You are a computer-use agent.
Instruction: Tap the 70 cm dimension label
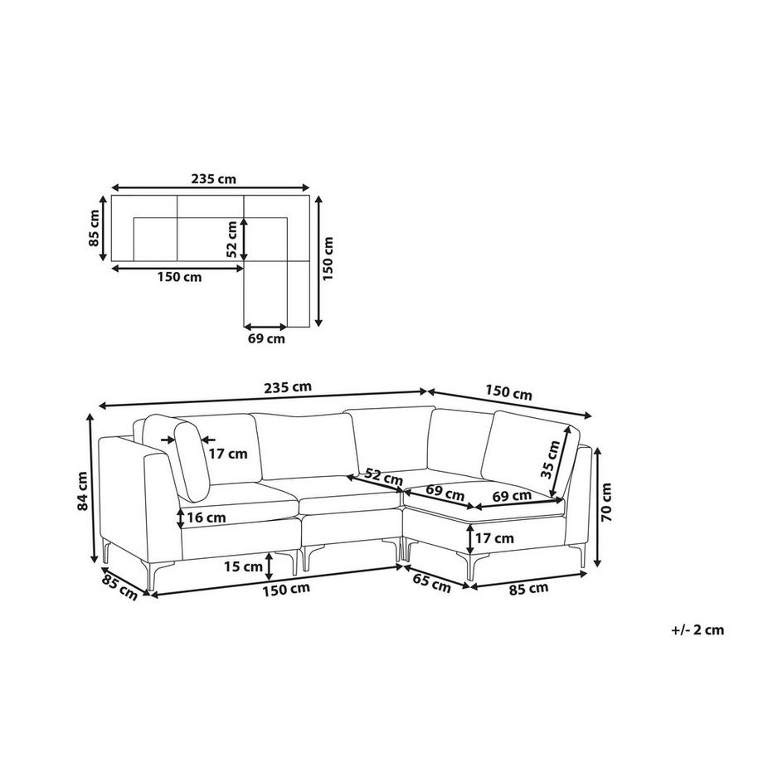606,502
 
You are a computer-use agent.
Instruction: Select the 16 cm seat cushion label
207,518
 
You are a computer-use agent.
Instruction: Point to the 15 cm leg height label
243,566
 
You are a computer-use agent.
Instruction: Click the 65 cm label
430,582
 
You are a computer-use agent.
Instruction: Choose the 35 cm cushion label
551,459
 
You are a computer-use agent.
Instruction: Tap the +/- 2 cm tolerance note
697,629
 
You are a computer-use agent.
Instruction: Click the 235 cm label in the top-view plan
214,179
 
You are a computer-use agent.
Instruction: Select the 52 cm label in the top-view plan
231,239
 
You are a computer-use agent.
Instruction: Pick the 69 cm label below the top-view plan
266,338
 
